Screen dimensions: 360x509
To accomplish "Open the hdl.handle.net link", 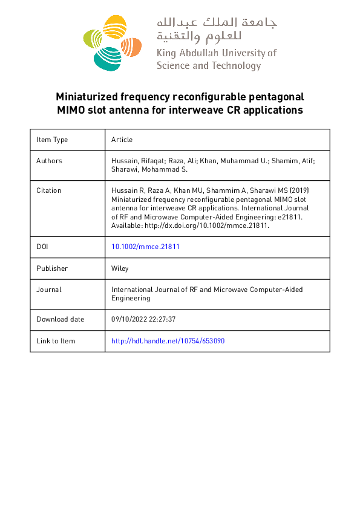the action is tap(168, 341).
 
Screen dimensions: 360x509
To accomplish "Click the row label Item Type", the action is tap(52, 140).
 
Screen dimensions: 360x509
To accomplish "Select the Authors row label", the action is tap(49, 161).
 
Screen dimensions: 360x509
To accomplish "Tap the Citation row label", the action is tap(49, 190).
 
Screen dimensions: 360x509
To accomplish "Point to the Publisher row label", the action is tap(52, 268).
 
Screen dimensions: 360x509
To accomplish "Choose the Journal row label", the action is tap(49, 290).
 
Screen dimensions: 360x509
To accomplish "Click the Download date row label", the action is tap(60, 319).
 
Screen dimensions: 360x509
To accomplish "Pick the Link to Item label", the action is tap(56, 341).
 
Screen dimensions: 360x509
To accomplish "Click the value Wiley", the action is tap(120, 268).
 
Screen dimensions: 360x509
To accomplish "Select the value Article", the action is tap(122, 140).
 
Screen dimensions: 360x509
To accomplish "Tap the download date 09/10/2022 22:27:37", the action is tap(143, 319).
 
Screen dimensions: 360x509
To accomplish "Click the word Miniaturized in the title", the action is tap(85, 97).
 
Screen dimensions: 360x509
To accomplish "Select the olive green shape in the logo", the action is tap(91, 37).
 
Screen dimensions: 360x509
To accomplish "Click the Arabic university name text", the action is tap(216, 29).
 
